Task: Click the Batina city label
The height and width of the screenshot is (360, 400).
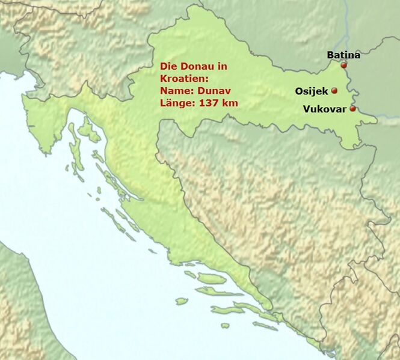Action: pos(343,55)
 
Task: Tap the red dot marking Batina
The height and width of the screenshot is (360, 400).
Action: pos(343,65)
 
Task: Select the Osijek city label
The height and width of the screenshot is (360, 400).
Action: pos(311,91)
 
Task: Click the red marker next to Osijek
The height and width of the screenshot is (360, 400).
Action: pos(334,91)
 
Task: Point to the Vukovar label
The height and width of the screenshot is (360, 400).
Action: pos(325,109)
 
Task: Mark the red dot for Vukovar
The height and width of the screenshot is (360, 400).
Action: pos(352,109)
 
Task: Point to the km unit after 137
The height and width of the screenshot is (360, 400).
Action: pos(230,103)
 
